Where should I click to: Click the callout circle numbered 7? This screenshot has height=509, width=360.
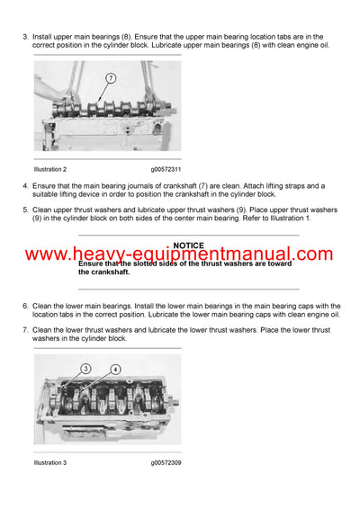click(111, 78)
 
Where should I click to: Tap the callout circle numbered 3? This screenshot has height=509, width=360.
click(86, 368)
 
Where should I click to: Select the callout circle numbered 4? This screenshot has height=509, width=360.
click(115, 369)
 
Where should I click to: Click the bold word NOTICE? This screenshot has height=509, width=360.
click(188, 246)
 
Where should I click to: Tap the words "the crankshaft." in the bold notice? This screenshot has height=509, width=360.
click(103, 272)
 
